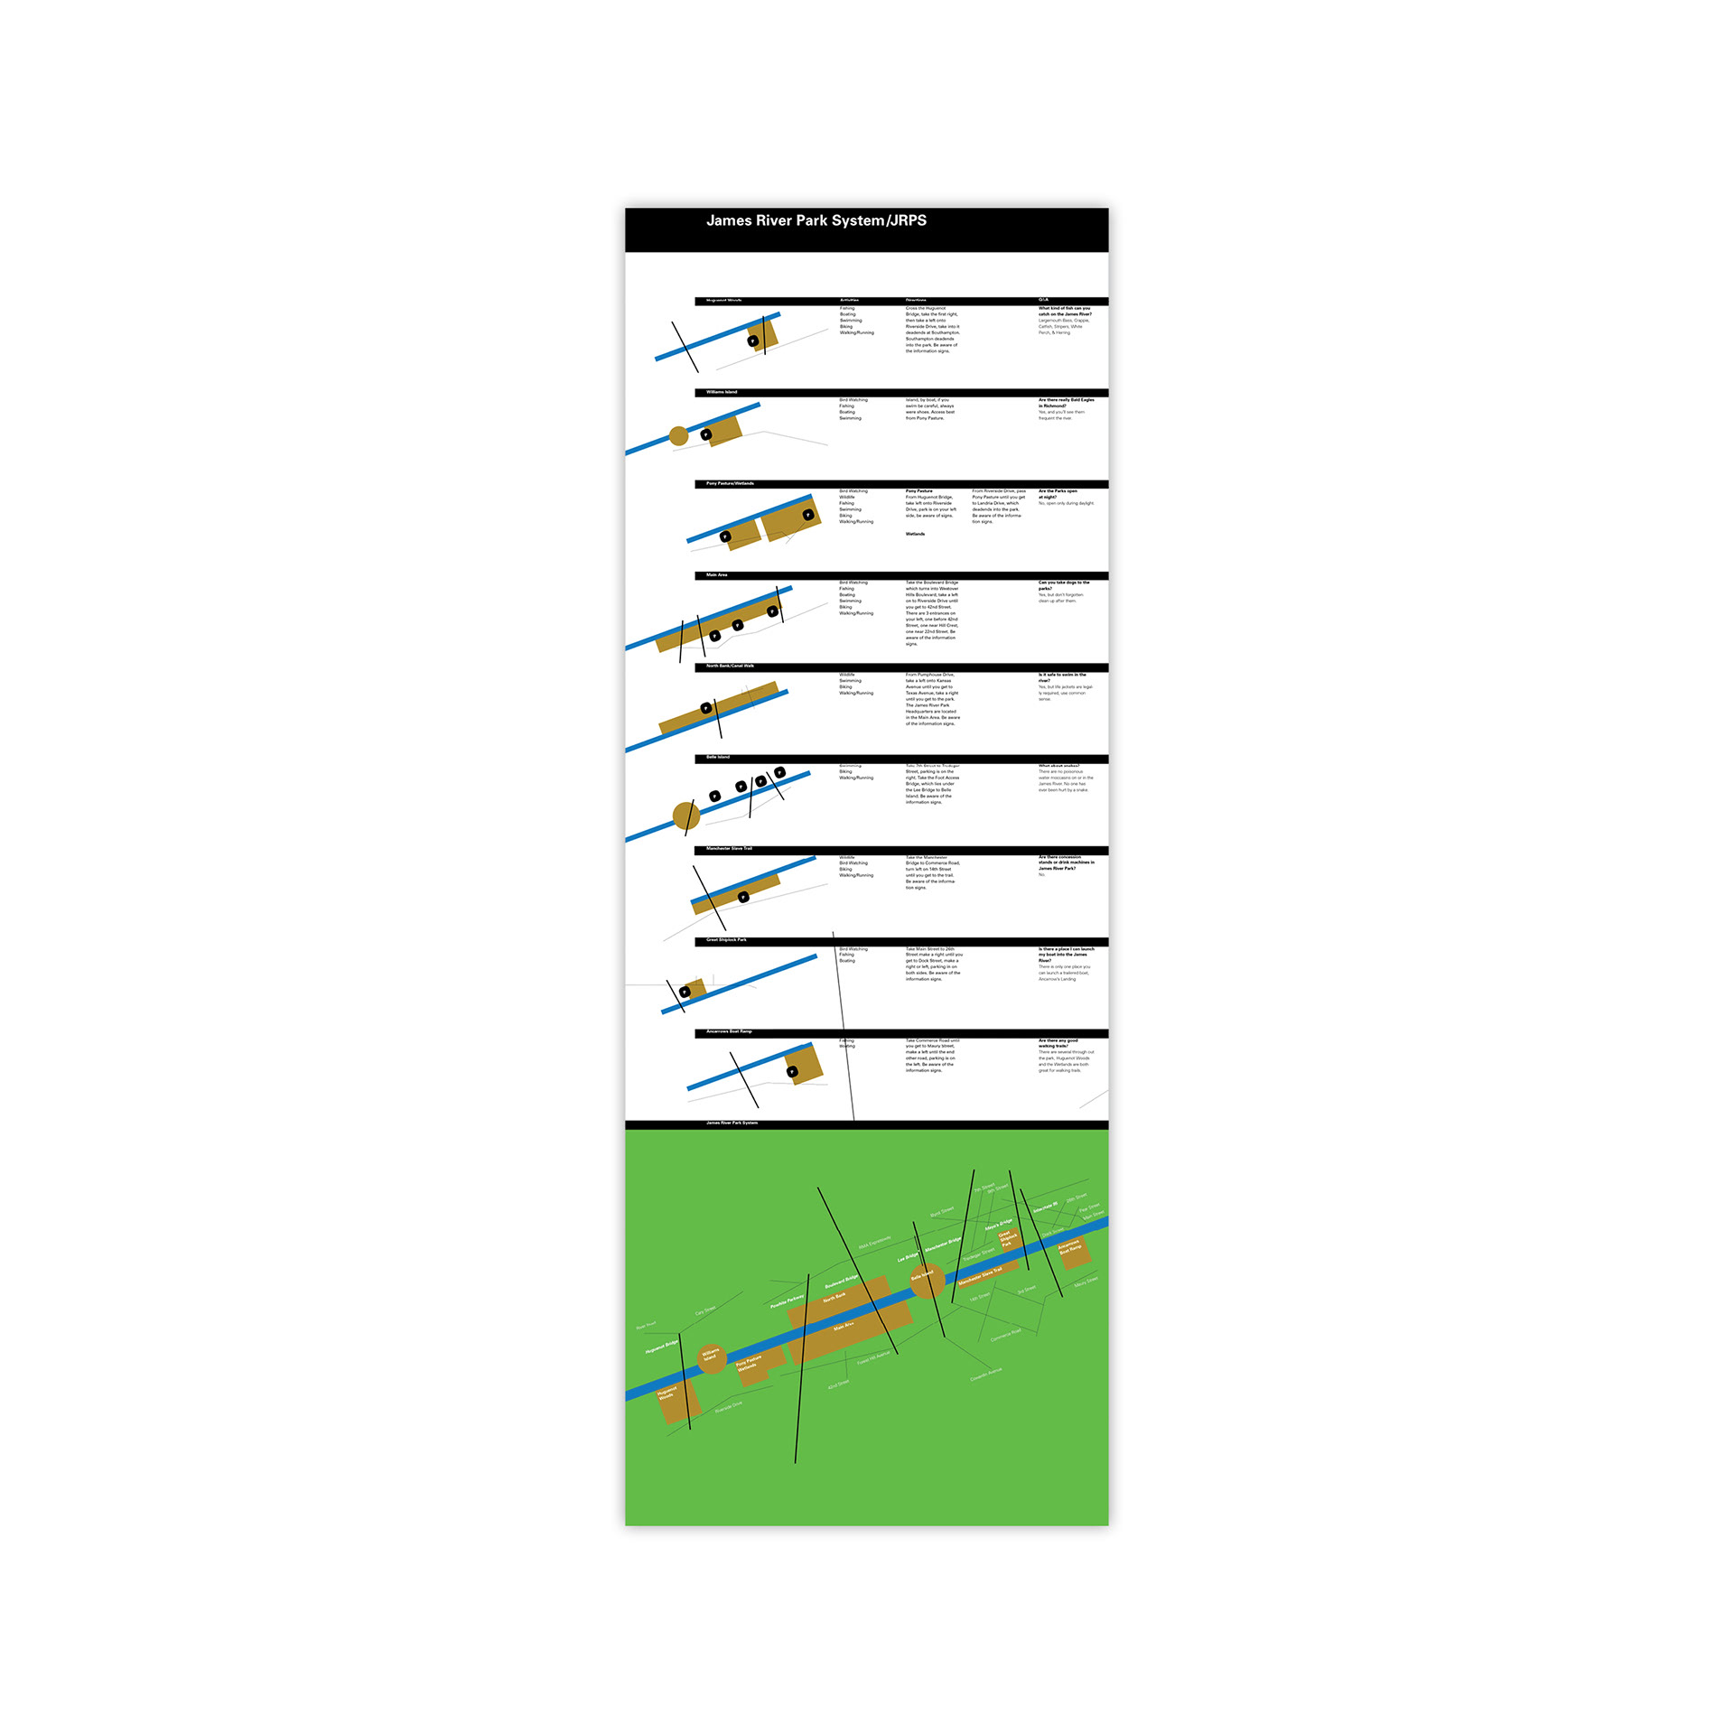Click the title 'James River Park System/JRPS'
click(x=816, y=220)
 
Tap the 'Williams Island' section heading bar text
click(x=721, y=392)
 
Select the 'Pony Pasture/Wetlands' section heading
click(x=730, y=483)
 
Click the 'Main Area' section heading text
click(x=716, y=574)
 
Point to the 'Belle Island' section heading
click(x=717, y=757)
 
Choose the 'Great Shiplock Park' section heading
click(x=726, y=939)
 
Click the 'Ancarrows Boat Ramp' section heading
click(x=728, y=1031)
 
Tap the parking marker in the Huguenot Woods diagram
click(x=752, y=340)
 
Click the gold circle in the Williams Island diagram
click(x=678, y=436)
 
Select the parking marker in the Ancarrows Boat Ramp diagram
click(x=792, y=1072)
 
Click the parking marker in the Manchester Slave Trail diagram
click(x=743, y=897)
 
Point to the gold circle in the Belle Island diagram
click(x=686, y=816)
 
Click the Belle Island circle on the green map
click(x=927, y=1280)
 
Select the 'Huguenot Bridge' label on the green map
click(x=661, y=1347)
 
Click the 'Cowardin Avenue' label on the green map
click(x=986, y=1375)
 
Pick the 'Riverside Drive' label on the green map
click(x=729, y=1406)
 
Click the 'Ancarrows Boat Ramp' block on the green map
click(x=1072, y=1249)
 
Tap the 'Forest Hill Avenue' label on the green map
click(x=873, y=1356)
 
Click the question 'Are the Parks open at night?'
click(x=1058, y=494)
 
